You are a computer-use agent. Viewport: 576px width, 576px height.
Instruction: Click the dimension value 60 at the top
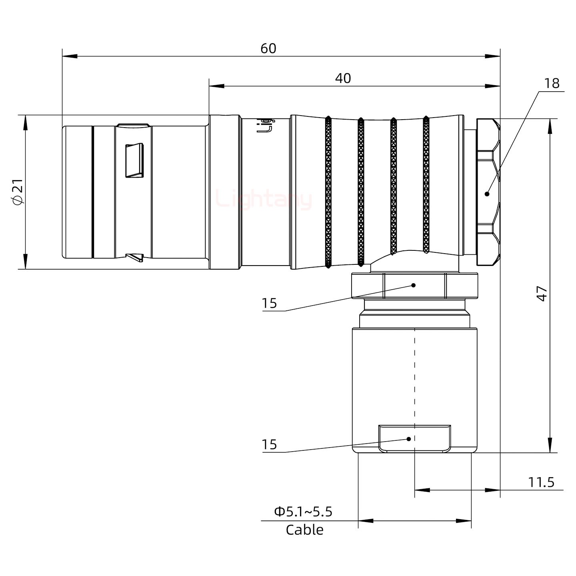click(268, 48)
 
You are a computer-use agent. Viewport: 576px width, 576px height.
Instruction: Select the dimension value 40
click(343, 78)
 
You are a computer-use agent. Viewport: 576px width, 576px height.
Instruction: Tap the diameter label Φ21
click(18, 192)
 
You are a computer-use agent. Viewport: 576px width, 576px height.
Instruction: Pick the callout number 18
click(552, 83)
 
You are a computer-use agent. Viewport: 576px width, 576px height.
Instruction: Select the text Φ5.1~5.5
click(303, 512)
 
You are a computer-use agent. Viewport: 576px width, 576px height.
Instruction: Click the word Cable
click(304, 530)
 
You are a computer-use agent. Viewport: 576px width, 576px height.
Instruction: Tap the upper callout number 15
click(269, 303)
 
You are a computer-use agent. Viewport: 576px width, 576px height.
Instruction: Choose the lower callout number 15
click(269, 444)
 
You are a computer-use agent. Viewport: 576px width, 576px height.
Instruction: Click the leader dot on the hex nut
click(487, 194)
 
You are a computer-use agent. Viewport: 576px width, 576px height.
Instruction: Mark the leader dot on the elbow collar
click(414, 285)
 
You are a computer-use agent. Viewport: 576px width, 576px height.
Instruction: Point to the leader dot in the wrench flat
click(408, 439)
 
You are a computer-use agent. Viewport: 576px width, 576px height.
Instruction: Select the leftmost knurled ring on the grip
click(328, 192)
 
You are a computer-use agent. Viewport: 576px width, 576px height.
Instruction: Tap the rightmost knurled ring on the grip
click(426, 185)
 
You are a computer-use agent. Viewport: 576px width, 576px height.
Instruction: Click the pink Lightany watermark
click(264, 200)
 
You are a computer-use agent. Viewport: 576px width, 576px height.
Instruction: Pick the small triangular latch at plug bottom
click(135, 257)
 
